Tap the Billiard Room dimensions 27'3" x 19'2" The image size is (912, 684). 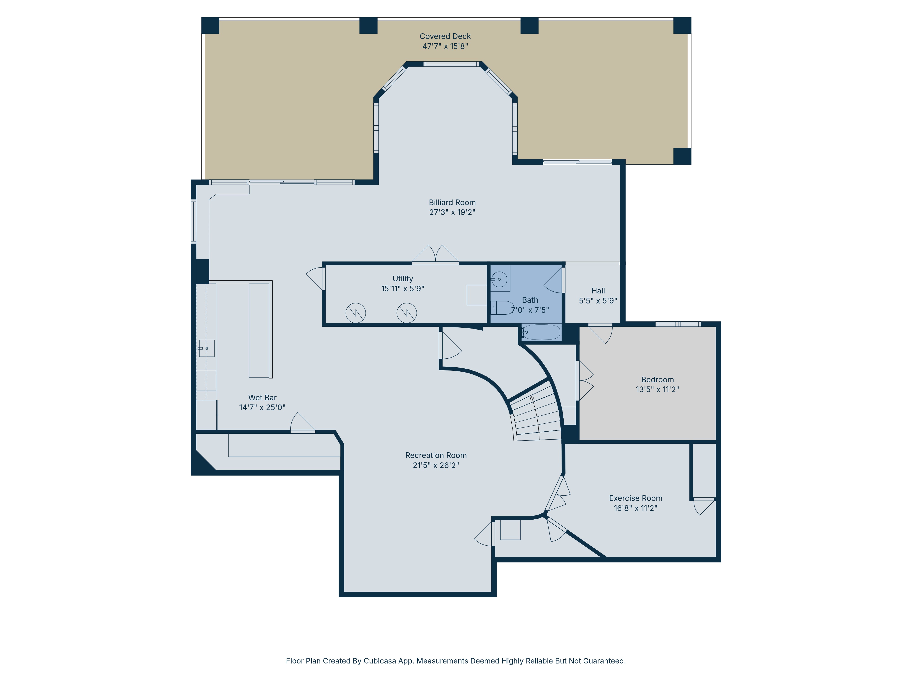click(452, 212)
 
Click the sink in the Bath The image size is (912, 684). click(499, 279)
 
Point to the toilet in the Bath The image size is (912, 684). click(502, 308)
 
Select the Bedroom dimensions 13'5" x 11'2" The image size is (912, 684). click(657, 389)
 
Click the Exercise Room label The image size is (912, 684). click(635, 498)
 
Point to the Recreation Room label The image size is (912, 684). click(436, 455)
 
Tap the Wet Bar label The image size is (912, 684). click(262, 397)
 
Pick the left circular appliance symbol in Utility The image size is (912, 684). click(355, 313)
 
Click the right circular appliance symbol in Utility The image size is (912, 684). click(407, 313)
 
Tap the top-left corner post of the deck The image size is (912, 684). click(210, 26)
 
